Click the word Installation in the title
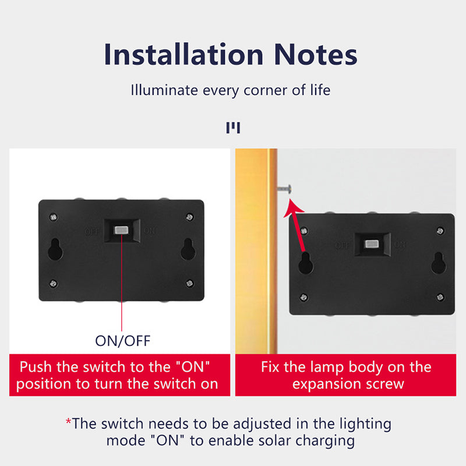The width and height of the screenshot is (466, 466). point(183,55)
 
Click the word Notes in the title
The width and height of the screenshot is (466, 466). point(313,55)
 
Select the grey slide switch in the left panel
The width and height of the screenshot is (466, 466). point(122,231)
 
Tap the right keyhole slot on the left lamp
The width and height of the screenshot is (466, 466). point(188,249)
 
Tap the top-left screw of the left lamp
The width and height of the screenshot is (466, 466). point(54,217)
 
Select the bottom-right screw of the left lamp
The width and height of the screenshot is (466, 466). point(189,283)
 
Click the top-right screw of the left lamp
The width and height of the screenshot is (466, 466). point(189,217)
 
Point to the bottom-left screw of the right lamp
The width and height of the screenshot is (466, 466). point(303,297)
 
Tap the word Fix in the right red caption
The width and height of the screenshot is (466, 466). point(272,368)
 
